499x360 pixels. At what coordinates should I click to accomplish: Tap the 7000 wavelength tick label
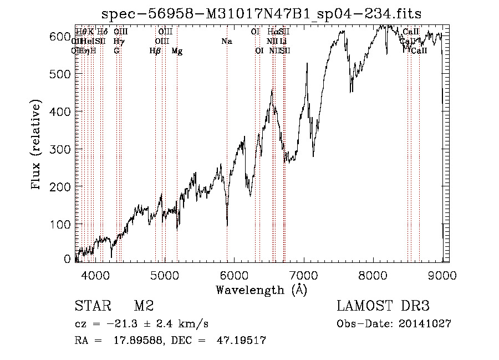(x=304, y=274)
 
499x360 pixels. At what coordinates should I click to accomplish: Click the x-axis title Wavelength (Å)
(x=261, y=289)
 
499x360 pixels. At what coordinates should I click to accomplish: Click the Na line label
(x=226, y=41)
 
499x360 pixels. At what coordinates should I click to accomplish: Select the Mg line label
(x=177, y=51)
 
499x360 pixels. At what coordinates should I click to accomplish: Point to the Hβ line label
(x=155, y=51)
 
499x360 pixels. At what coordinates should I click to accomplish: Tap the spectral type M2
(x=144, y=306)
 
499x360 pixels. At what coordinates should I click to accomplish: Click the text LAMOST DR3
(x=383, y=306)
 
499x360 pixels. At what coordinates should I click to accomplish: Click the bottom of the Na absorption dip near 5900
(x=227, y=225)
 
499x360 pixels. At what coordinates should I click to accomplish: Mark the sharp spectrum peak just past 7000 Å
(x=307, y=64)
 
